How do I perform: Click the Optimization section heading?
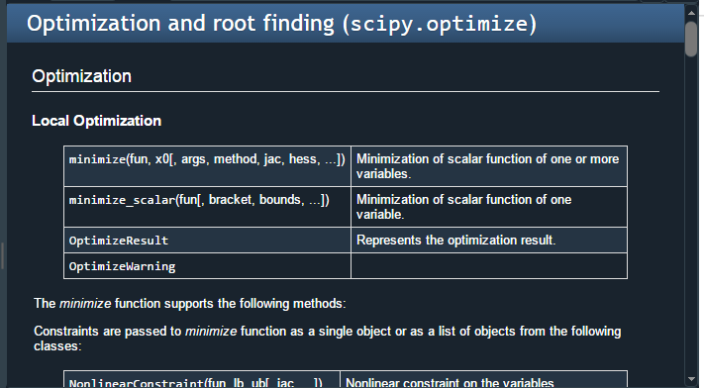[x=81, y=76]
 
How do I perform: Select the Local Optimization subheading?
[x=96, y=121]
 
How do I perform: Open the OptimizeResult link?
[x=118, y=240]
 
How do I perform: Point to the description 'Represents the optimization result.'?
[x=456, y=240]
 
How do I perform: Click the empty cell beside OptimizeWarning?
[x=488, y=266]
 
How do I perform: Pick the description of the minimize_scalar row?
[x=463, y=207]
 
